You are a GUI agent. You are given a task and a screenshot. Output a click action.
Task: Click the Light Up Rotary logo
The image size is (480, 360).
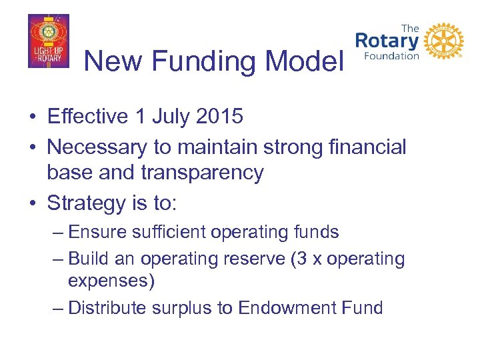(48, 41)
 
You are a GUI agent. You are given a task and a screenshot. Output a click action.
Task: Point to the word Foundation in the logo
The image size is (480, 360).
(391, 56)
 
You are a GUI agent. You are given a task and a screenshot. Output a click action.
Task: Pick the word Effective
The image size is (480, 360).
(87, 117)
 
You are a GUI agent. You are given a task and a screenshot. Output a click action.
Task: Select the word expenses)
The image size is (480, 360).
(111, 281)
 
